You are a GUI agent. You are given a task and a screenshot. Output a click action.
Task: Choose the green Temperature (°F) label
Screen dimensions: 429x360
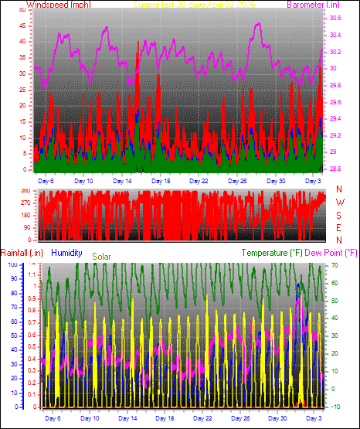(272, 252)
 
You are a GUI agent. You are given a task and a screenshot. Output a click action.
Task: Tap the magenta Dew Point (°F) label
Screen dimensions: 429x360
(332, 252)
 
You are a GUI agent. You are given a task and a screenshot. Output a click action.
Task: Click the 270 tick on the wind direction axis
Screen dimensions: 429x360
(25, 203)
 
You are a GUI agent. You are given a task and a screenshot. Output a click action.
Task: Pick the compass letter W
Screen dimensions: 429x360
(338, 202)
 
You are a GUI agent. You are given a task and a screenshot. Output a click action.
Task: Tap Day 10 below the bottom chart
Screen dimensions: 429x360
(92, 417)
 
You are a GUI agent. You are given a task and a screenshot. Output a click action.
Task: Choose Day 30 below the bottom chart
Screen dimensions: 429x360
(278, 417)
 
